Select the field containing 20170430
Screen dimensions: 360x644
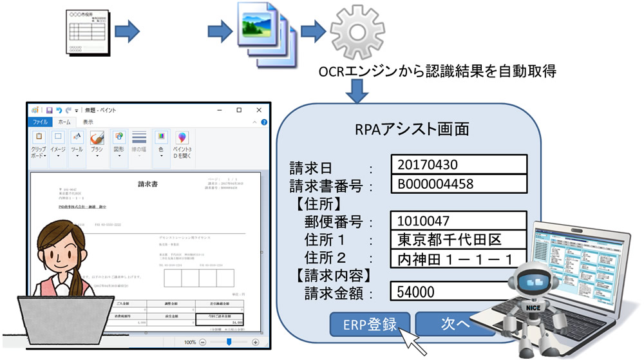[x=459, y=164]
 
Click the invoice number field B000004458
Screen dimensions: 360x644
[x=459, y=184]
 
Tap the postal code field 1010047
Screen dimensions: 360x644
[x=459, y=221]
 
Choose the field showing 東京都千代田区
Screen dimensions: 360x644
[x=459, y=240]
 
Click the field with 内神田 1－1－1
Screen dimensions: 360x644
[x=459, y=259]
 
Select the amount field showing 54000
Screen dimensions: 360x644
[x=459, y=292]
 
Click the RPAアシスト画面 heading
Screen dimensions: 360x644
[x=412, y=128]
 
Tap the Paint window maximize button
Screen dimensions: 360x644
[x=239, y=110]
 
